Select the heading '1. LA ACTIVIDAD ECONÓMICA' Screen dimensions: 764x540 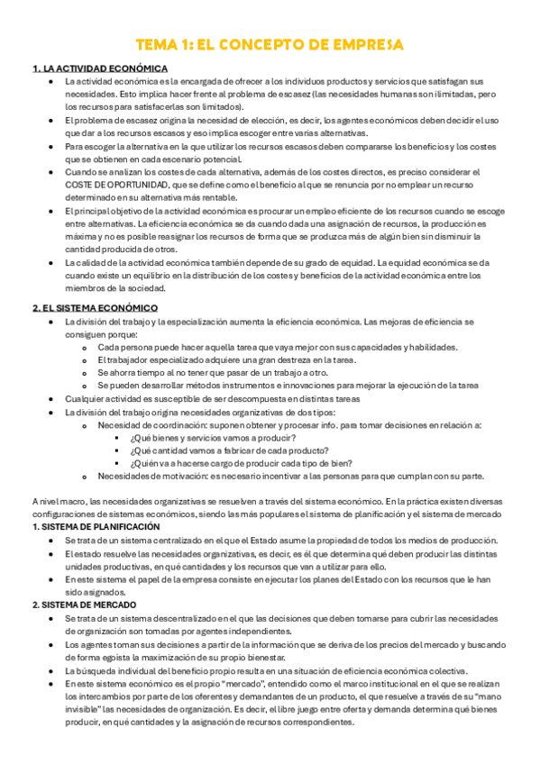click(x=99, y=68)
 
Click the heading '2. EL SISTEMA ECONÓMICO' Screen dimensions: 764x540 click(x=95, y=308)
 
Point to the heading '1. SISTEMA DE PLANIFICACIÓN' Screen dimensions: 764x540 click(x=96, y=526)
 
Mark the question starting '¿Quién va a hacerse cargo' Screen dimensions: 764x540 click(x=241, y=463)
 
